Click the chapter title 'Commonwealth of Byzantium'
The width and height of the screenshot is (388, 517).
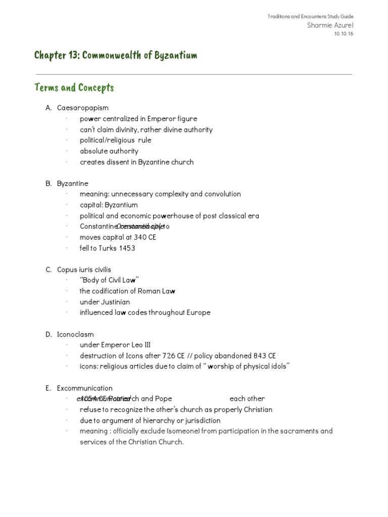click(116, 55)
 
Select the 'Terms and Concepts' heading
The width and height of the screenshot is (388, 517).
click(74, 88)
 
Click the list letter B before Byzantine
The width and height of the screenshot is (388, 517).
click(48, 183)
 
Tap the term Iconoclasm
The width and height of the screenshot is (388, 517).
click(75, 334)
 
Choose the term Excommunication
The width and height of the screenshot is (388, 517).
click(85, 388)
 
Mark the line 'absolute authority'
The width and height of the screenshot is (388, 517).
click(109, 151)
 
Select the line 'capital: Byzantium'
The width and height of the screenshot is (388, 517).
click(109, 205)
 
